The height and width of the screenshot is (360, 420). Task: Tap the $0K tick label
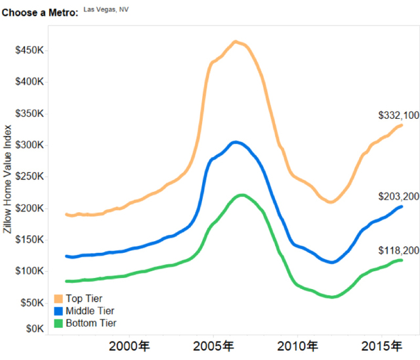click(33, 328)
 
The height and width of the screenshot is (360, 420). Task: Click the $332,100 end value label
click(398, 116)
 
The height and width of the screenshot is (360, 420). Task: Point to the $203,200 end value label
click(398, 196)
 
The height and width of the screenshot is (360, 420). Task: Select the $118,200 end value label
click(398, 251)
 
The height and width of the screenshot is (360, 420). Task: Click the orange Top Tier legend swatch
click(58, 299)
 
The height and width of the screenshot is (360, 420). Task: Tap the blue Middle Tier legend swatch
click(58, 311)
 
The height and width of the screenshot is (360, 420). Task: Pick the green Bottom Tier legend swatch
click(58, 323)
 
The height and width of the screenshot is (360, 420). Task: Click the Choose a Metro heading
click(40, 12)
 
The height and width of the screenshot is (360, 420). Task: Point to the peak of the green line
click(241, 195)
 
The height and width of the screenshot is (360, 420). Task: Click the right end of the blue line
click(401, 207)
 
